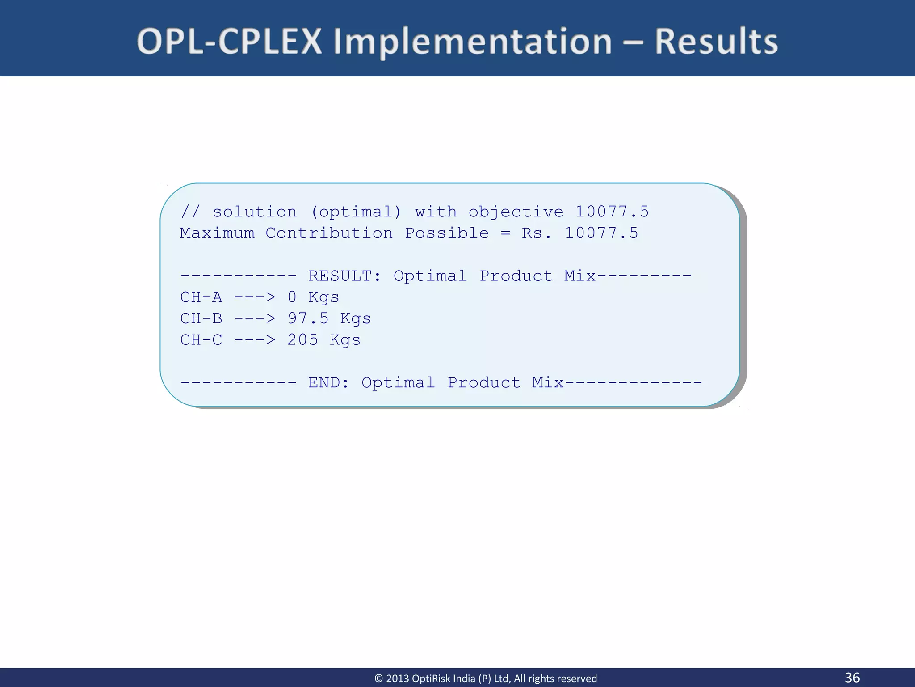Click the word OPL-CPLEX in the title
(229, 42)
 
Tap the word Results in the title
(716, 42)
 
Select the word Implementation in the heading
(473, 42)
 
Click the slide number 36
(852, 677)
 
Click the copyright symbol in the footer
(378, 679)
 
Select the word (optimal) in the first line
(356, 212)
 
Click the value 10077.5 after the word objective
(612, 212)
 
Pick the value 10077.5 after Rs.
(601, 233)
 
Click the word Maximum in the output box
(217, 233)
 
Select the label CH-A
(201, 297)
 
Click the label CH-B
(201, 318)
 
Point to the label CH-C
(201, 340)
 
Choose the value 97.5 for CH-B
(308, 318)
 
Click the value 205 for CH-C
(302, 340)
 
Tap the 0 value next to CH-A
(292, 297)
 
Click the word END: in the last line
(329, 383)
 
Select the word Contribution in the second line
(329, 233)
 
